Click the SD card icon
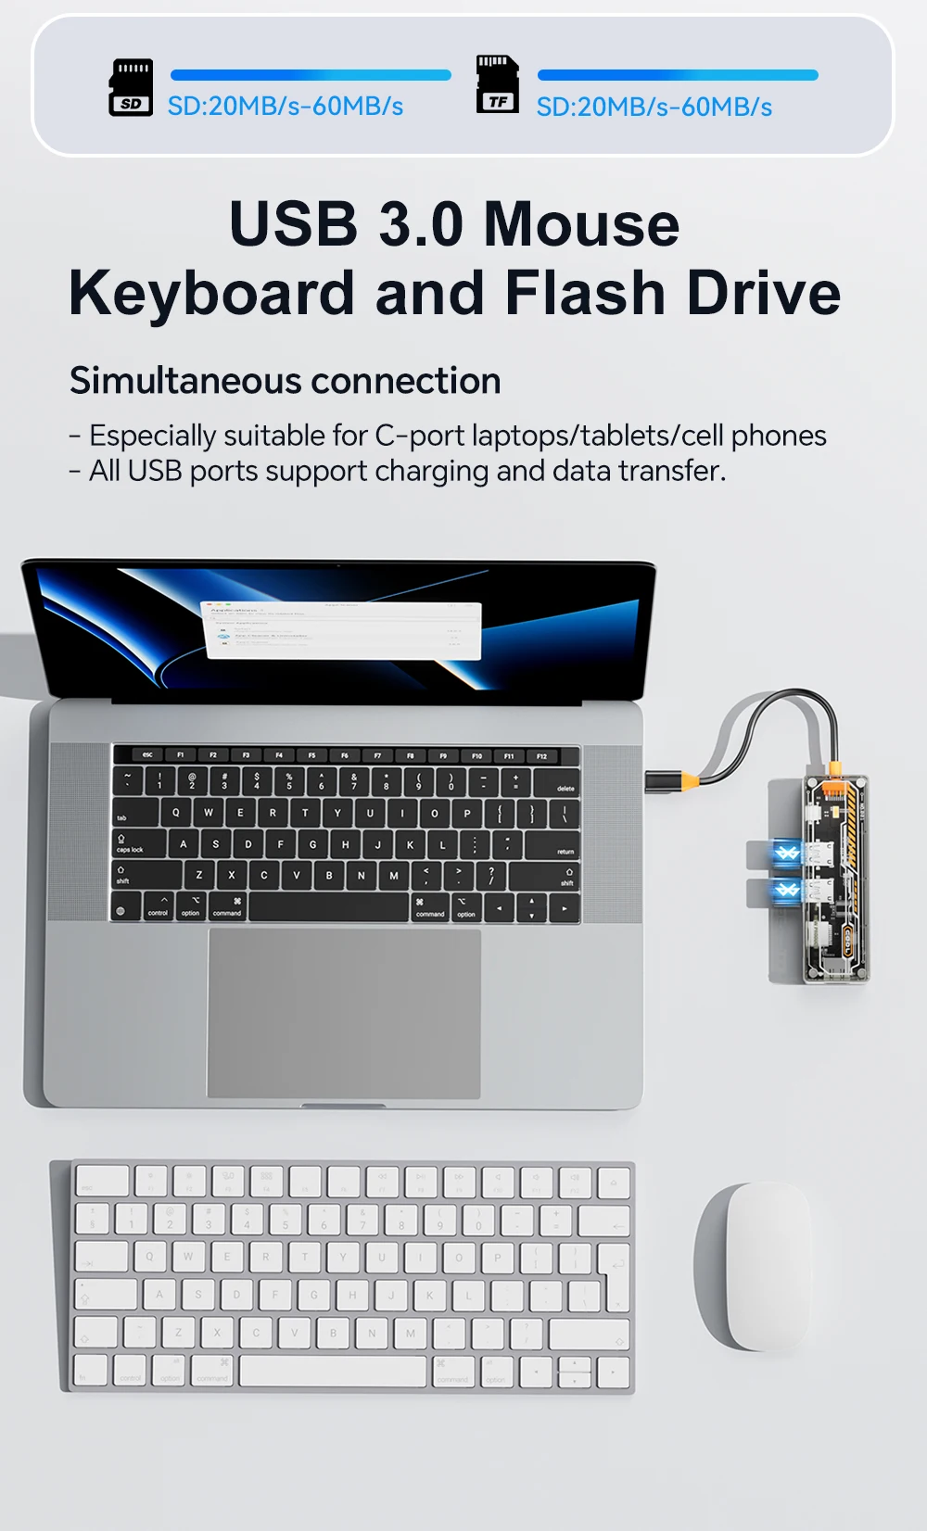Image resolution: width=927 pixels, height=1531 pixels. click(x=131, y=87)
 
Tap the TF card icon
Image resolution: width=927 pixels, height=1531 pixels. click(x=497, y=84)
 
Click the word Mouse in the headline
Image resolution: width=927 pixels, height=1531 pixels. click(x=581, y=225)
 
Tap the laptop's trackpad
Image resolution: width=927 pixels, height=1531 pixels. click(x=344, y=1013)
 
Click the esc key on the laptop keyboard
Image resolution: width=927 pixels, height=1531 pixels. click(x=147, y=755)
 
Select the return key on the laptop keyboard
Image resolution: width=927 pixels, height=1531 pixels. click(x=552, y=845)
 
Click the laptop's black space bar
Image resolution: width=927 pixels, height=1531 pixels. click(x=329, y=907)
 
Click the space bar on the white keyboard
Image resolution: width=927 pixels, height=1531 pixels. click(x=333, y=1371)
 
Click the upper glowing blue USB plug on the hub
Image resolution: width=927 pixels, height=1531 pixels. click(x=785, y=854)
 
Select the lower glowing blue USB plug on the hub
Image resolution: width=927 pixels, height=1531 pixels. click(x=785, y=891)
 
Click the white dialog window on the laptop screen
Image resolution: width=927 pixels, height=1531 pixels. click(x=342, y=630)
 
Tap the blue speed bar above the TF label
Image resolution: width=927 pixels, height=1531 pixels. click(x=678, y=75)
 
